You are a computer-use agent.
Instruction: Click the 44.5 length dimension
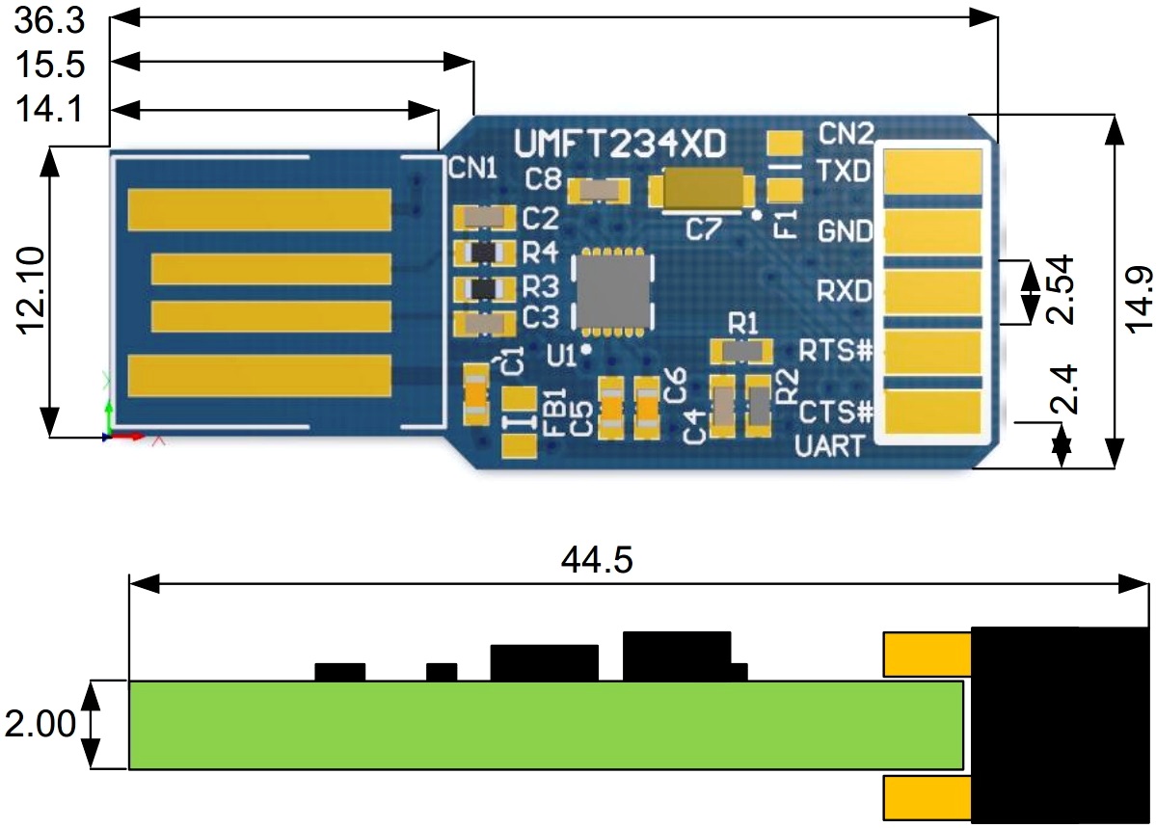[x=597, y=560]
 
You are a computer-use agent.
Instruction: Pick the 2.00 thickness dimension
[x=40, y=725]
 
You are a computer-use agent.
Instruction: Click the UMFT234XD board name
[x=621, y=144]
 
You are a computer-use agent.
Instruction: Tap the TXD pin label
[x=844, y=172]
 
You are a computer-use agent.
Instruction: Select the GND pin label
[x=845, y=231]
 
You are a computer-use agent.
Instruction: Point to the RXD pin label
[x=845, y=290]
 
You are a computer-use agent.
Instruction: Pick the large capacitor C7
[x=702, y=189]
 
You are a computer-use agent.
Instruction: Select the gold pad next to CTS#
[x=933, y=412]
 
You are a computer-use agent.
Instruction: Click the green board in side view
[x=546, y=725]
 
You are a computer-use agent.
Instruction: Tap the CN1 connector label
[x=472, y=171]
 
